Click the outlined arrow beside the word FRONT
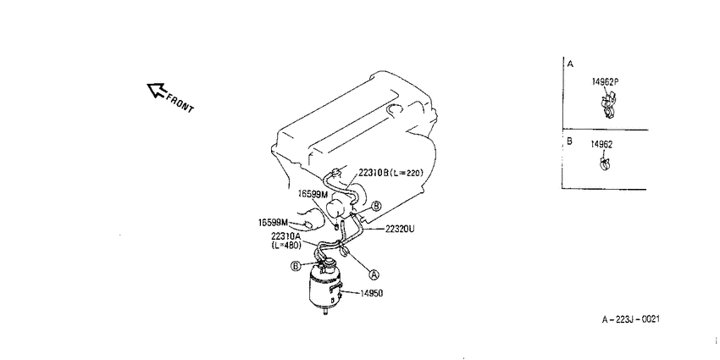point(156,90)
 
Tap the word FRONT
point(180,103)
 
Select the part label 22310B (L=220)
point(390,173)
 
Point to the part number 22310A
point(285,236)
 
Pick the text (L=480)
point(286,246)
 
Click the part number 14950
point(371,293)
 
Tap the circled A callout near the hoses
point(374,274)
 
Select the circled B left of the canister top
point(296,265)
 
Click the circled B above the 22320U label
point(375,206)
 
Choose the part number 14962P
point(605,81)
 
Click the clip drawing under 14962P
point(609,105)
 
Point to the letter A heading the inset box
point(570,64)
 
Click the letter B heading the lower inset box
point(569,141)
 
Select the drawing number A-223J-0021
point(631,319)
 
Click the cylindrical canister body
point(325,286)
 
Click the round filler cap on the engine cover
point(395,110)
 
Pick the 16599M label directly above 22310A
point(313,194)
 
